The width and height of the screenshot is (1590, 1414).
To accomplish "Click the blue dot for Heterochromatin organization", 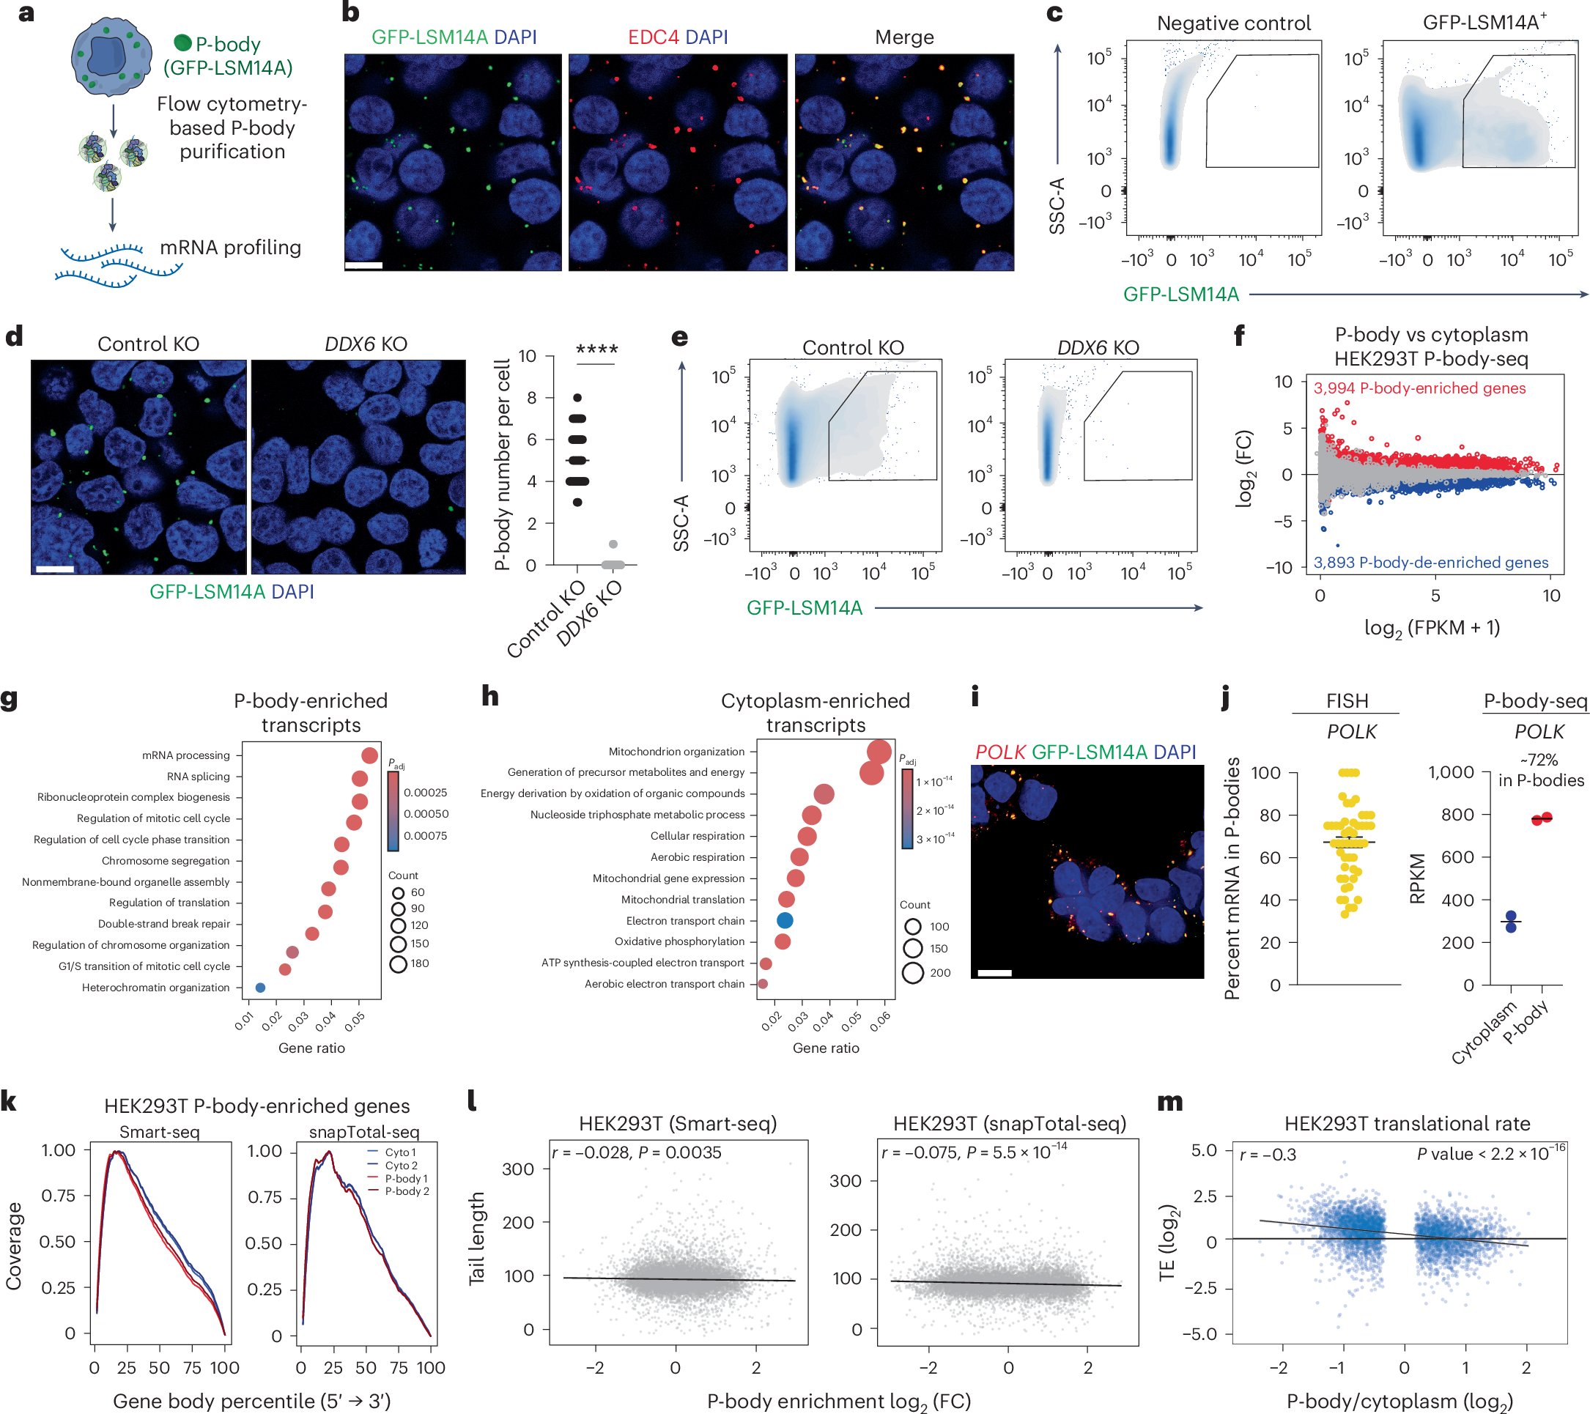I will point(261,988).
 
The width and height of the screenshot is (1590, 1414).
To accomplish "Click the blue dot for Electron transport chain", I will point(785,921).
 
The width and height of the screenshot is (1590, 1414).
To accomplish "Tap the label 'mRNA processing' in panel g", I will point(186,755).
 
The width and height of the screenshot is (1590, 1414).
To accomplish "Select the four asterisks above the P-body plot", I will point(596,350).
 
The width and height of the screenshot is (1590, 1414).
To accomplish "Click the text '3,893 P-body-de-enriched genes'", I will point(1430,563).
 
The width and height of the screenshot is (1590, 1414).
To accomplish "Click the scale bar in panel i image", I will point(994,973).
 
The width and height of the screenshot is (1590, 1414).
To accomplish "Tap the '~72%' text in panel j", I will point(1539,760).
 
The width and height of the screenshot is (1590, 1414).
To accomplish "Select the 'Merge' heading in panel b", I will point(904,37).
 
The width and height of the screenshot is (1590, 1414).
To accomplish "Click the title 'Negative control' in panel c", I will point(1234,23).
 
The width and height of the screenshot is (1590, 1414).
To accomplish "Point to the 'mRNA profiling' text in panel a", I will point(230,248).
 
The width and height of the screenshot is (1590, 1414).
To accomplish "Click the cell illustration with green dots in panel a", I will point(111,59).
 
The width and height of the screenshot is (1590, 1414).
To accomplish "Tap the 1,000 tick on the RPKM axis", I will point(1452,772).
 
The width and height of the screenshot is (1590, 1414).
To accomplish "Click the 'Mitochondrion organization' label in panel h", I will point(676,752).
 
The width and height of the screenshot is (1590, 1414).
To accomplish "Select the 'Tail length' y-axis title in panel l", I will point(476,1238).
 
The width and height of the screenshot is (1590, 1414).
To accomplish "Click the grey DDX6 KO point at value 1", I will point(613,544).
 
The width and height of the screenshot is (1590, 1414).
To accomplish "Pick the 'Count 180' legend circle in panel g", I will point(399,964).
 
